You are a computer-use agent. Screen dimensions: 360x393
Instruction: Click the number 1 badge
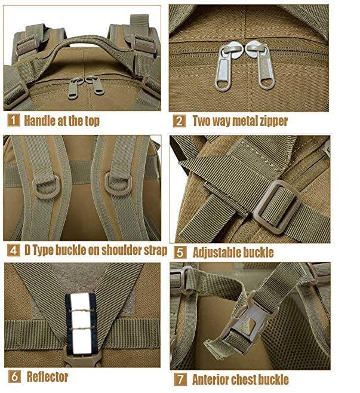[14, 120]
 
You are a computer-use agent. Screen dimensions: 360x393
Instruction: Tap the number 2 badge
[179, 121]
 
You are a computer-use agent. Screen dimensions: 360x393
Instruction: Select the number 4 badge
[14, 250]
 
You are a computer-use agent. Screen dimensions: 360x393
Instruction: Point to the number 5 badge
[180, 253]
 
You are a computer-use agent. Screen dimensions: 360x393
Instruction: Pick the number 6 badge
[14, 376]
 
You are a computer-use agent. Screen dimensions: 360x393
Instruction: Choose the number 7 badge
[180, 379]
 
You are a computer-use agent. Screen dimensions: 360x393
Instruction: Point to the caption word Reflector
[47, 377]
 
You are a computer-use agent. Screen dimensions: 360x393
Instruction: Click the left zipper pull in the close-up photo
[224, 66]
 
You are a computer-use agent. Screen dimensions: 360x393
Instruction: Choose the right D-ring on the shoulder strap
[118, 185]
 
